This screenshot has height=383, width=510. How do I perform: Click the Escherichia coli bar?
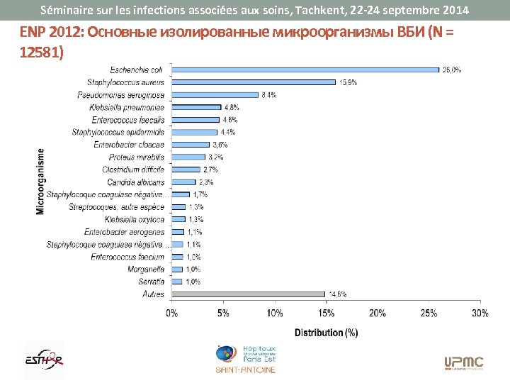click(x=305, y=70)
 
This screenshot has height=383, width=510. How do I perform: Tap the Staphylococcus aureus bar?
click(x=254, y=82)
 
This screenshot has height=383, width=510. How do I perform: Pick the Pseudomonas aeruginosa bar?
click(x=215, y=94)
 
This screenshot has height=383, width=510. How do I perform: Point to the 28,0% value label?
click(x=452, y=70)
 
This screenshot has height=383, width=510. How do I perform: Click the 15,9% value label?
click(x=348, y=82)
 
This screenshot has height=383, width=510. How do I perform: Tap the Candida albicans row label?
click(x=142, y=182)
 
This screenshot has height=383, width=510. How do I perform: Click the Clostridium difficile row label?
click(x=133, y=170)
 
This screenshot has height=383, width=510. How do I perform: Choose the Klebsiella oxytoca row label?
click(x=135, y=219)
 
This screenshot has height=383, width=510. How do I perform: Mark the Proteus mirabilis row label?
click(x=137, y=157)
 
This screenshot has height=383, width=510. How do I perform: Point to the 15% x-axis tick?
click(x=326, y=313)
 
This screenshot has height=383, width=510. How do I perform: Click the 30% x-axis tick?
click(x=480, y=313)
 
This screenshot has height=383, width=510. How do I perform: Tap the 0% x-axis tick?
click(x=172, y=313)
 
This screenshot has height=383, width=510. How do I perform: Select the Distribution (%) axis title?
click(x=326, y=332)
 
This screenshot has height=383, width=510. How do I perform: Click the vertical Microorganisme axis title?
click(x=41, y=181)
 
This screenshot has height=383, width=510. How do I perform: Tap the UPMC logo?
click(x=464, y=363)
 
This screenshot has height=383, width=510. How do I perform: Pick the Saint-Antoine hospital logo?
click(x=246, y=360)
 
